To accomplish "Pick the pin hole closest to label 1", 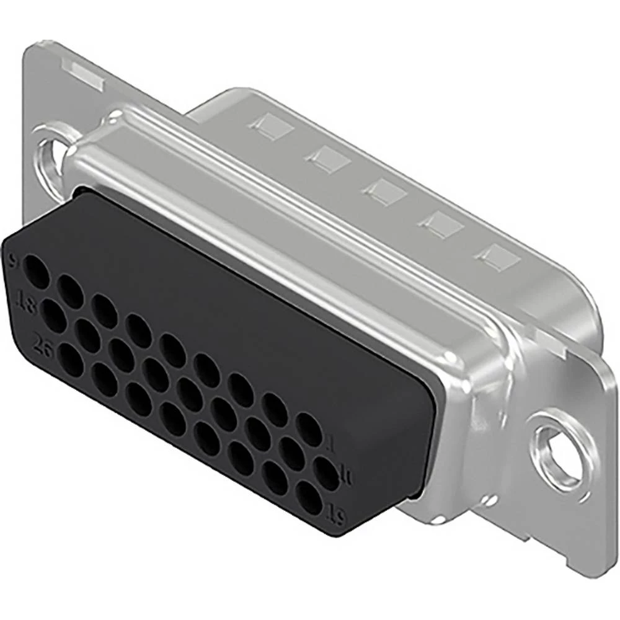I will pyautogui.click(x=308, y=429).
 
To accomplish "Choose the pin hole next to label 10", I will pyautogui.click(x=326, y=474).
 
